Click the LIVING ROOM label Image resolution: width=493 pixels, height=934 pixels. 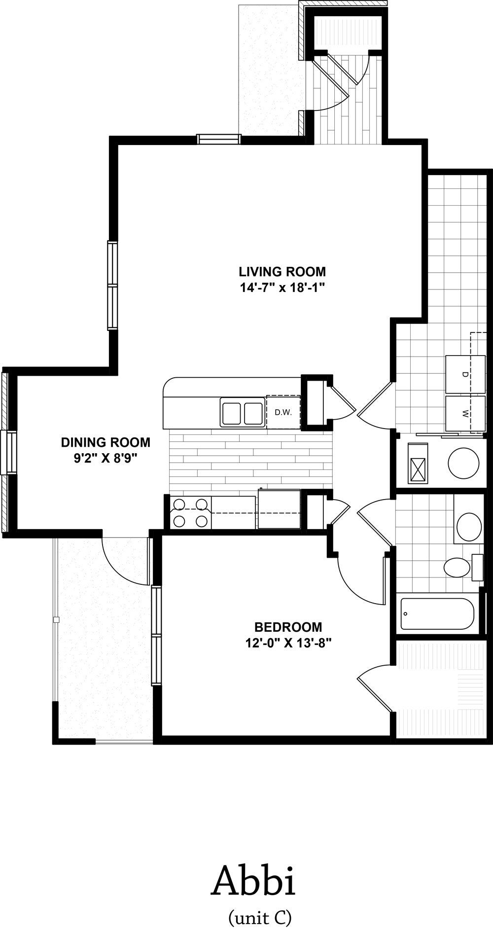(x=282, y=271)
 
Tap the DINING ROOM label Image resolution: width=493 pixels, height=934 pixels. (x=106, y=442)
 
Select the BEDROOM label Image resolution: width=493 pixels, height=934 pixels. (x=288, y=627)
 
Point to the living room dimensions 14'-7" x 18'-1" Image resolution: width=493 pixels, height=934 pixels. (x=282, y=287)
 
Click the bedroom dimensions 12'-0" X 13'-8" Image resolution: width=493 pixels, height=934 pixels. (x=288, y=643)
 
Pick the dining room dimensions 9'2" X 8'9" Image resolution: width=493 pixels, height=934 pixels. (x=105, y=458)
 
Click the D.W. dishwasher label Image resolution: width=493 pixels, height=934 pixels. (x=283, y=412)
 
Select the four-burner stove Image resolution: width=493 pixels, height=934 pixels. (x=189, y=513)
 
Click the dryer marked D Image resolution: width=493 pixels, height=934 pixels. (x=464, y=374)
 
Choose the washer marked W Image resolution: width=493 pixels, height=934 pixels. (x=464, y=413)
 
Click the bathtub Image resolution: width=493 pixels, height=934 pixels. (x=437, y=614)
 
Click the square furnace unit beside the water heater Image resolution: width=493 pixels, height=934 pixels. (x=418, y=463)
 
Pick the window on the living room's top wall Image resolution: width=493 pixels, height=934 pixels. (x=219, y=139)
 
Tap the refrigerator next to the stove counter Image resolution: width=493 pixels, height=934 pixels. (x=280, y=509)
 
